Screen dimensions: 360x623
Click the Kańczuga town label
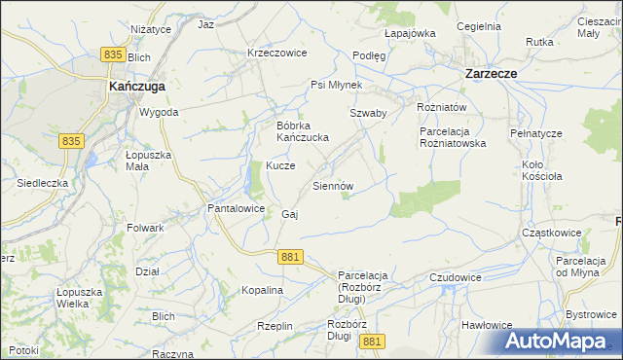[137, 86]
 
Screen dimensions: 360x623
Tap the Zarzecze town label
[491, 73]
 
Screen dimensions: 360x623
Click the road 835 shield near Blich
[114, 57]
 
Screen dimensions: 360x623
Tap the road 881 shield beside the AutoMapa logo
[371, 342]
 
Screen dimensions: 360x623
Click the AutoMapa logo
[558, 342]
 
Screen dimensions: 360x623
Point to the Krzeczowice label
[277, 53]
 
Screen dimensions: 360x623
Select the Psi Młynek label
[336, 85]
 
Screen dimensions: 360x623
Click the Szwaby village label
[369, 113]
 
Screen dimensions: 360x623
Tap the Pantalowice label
[236, 208]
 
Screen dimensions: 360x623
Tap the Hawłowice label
[487, 325]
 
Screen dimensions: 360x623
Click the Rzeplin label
[275, 326]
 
